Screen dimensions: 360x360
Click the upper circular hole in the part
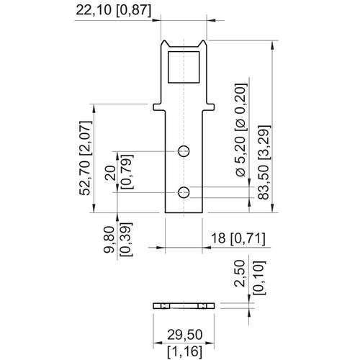tap(184, 150)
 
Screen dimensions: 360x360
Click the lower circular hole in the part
tap(184, 192)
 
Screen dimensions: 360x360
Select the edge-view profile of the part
tap(184, 306)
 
